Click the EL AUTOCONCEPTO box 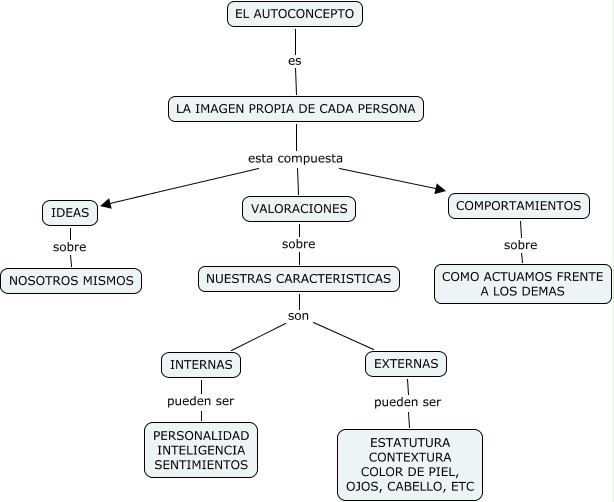pyautogui.click(x=294, y=14)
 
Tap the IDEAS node pyautogui.click(x=70, y=212)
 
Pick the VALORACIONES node pyautogui.click(x=299, y=209)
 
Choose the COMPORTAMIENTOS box pyautogui.click(x=518, y=206)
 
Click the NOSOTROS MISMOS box pyautogui.click(x=70, y=281)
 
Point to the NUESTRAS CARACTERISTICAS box pyautogui.click(x=299, y=278)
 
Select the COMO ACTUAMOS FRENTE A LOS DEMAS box pyautogui.click(x=522, y=283)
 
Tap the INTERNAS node pyautogui.click(x=201, y=365)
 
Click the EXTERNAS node pyautogui.click(x=405, y=364)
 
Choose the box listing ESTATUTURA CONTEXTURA pyautogui.click(x=410, y=465)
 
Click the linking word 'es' pyautogui.click(x=295, y=61)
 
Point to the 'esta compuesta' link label pyautogui.click(x=295, y=158)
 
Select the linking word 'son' pyautogui.click(x=299, y=316)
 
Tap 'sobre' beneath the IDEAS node pyautogui.click(x=70, y=247)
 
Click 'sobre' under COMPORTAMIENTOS pyautogui.click(x=520, y=245)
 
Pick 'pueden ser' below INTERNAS pyautogui.click(x=201, y=403)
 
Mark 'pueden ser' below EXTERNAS pyautogui.click(x=408, y=403)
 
